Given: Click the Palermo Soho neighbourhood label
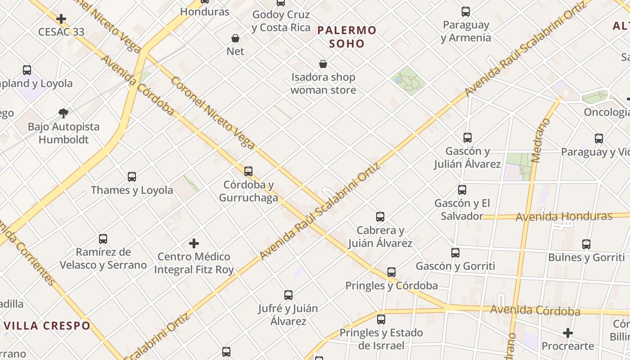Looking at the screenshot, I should pos(346,37).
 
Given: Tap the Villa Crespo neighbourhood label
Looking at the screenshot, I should pos(47,325).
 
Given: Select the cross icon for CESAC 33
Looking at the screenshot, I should pos(61,19).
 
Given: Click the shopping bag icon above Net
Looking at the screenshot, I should pos(235,38).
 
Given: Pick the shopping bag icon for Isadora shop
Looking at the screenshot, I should pos(323,64).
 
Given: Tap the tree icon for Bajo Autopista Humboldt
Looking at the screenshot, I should pos(63,113).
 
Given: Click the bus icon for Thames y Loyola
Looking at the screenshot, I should pos(131,177).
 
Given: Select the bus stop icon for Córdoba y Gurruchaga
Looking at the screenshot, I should pos(248,171).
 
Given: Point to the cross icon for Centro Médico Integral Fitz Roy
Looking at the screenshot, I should pos(194,243).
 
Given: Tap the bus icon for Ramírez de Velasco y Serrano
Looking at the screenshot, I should pos(103,239).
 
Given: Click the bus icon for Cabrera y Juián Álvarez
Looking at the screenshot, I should pos(380,217).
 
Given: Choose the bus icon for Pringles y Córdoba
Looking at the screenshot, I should pos(391,272).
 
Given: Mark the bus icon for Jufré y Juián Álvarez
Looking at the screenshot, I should pos(288,295).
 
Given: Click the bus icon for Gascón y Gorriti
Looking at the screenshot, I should pos(455,253).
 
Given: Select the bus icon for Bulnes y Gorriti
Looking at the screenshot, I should pos(586,244).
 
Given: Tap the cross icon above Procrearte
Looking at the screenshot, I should pos(568,333).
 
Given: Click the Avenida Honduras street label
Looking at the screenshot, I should pos(564,217).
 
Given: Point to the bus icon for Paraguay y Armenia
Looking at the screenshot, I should pos(466,12).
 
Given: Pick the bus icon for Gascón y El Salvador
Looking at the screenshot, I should pos(462,190).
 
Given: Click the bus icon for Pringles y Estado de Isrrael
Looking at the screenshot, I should pos(381,319).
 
